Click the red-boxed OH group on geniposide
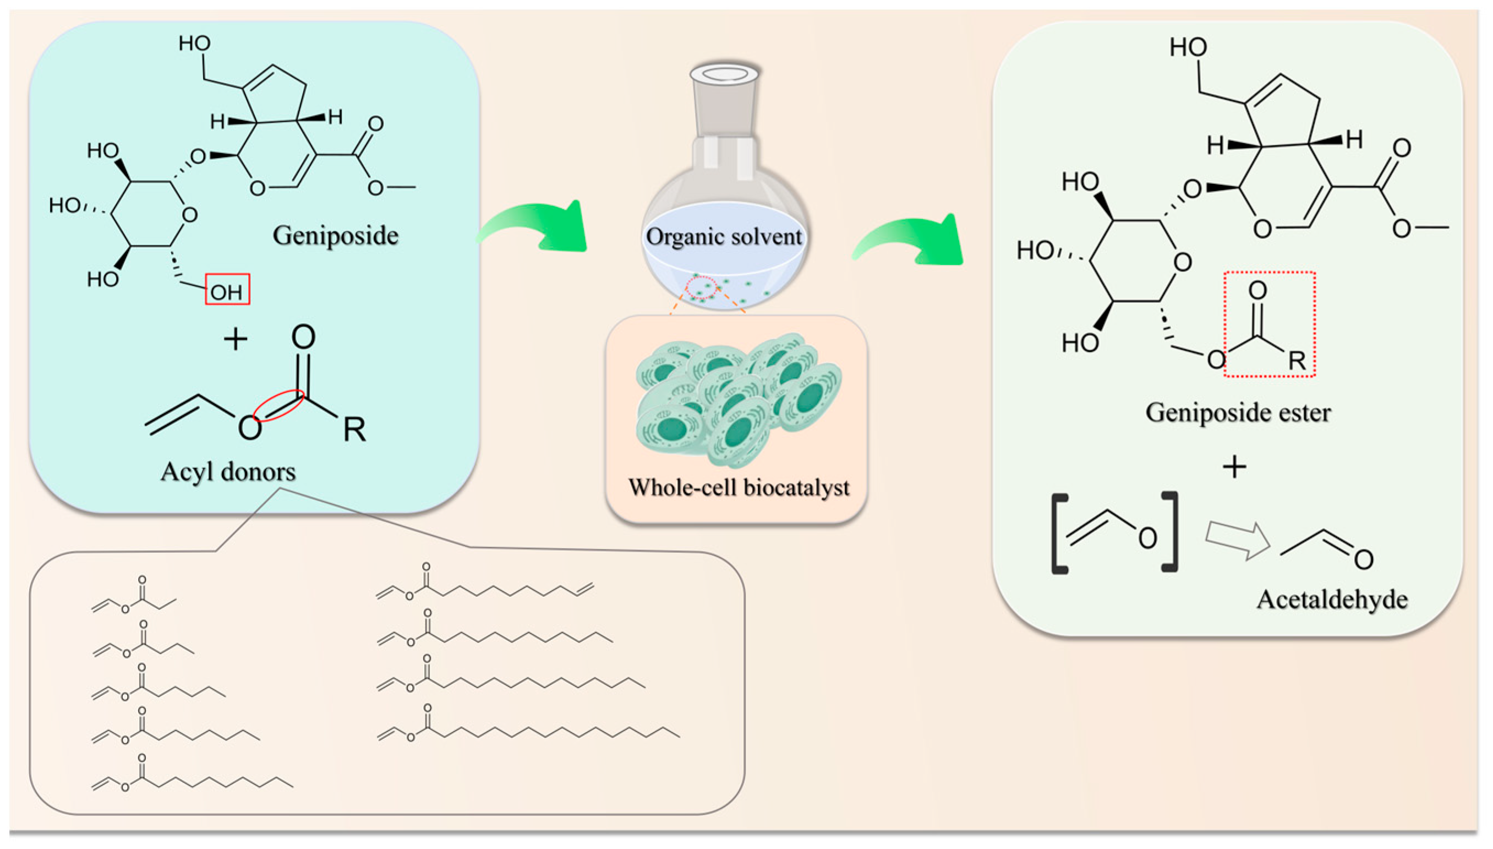click(227, 290)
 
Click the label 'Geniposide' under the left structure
click(335, 236)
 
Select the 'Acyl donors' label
click(228, 472)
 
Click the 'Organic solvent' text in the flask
click(724, 237)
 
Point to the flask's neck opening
click(725, 75)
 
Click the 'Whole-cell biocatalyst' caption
click(739, 487)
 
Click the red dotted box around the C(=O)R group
click(1269, 325)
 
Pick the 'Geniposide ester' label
click(1238, 413)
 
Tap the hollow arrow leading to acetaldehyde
click(1237, 540)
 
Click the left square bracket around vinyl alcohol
click(1059, 534)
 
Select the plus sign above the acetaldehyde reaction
click(1234, 467)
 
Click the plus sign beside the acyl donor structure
click(236, 339)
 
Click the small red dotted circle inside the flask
click(701, 287)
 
